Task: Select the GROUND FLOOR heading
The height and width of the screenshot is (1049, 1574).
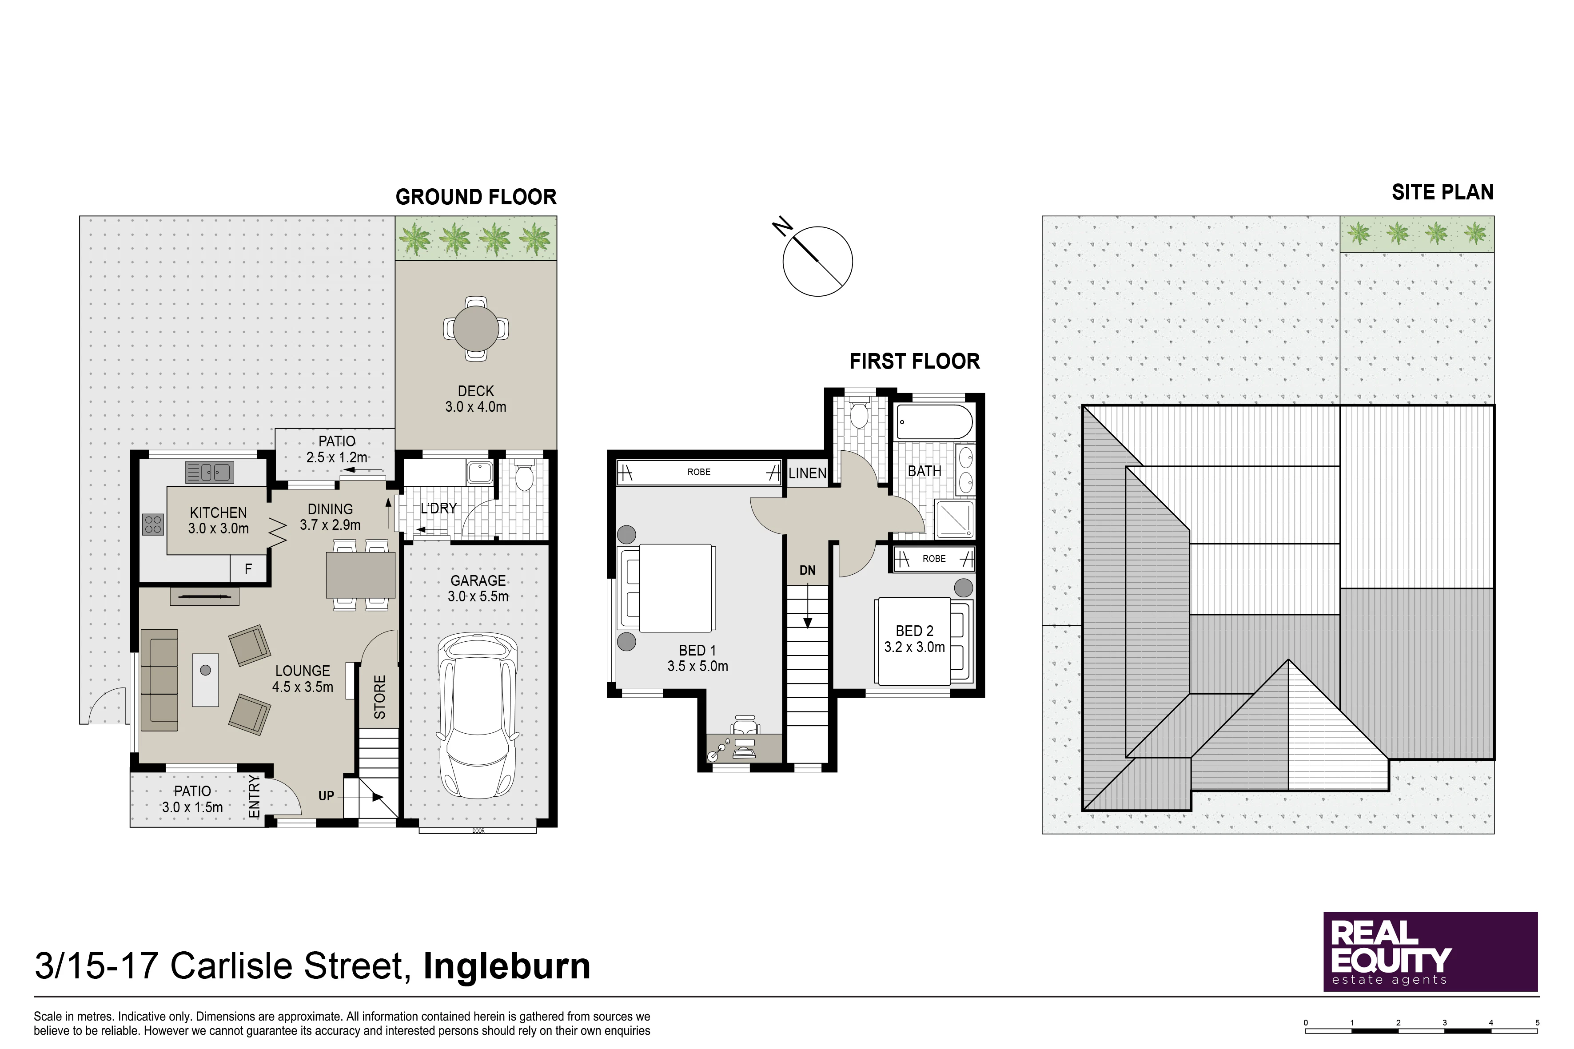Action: [x=476, y=197]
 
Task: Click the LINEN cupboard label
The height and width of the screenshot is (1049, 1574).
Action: [x=807, y=473]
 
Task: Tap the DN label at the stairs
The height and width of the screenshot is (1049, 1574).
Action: [x=808, y=570]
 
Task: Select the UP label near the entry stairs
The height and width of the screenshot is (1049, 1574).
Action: [x=326, y=795]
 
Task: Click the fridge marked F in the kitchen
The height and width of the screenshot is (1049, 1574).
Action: [x=248, y=568]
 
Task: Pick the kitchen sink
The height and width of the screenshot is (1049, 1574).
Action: [x=209, y=473]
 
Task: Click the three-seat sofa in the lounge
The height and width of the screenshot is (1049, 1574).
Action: [x=159, y=679]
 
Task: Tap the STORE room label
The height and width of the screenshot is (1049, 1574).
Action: [x=379, y=697]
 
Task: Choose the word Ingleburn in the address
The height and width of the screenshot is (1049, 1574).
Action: [x=506, y=966]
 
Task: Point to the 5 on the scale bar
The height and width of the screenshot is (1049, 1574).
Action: [x=1537, y=1022]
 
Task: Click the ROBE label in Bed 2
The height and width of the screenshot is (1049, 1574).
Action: [x=934, y=559]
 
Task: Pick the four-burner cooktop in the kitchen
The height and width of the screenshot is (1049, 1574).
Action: [x=153, y=524]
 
